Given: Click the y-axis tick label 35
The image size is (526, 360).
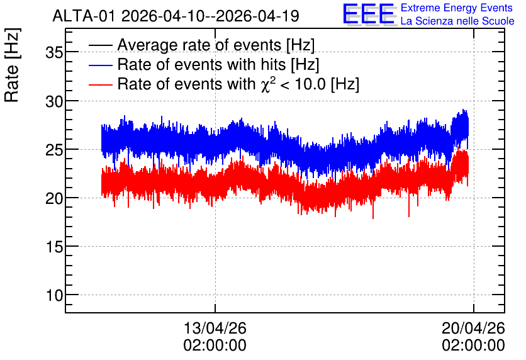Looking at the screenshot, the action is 54,52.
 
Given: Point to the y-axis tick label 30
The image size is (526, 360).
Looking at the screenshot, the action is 54,101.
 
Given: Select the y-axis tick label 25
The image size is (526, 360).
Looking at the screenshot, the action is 54,150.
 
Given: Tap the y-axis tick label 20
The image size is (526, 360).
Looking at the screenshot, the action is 54,198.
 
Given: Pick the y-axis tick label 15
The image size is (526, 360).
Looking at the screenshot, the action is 54,247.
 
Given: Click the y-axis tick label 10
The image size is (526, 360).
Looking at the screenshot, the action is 54,296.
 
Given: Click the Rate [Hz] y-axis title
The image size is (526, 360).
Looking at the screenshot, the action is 12,65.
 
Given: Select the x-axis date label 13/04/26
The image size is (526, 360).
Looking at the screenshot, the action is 215,328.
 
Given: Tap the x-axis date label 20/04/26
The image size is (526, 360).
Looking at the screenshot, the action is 473,328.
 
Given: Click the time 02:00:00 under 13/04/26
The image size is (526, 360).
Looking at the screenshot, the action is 215,346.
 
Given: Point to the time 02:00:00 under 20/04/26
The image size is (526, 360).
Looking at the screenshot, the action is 473,346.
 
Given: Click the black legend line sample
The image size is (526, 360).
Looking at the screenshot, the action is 100,45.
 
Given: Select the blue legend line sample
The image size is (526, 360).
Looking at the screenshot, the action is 100,65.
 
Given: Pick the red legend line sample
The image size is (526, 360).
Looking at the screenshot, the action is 100,84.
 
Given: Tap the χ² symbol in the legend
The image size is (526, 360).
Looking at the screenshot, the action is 268,84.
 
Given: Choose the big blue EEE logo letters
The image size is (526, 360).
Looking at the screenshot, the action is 369,14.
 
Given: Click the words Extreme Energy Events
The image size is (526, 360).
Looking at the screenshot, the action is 457,8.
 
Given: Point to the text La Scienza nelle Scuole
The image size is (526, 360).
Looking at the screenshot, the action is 457,21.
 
